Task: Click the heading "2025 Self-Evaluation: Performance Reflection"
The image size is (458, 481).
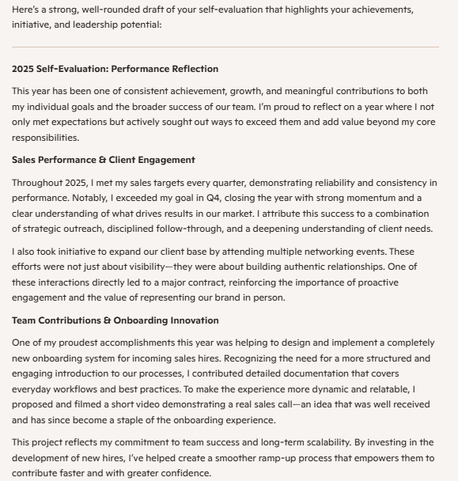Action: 115,69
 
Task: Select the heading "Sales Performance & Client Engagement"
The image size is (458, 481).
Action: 103,160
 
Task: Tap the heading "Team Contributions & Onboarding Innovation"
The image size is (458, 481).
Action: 115,320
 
